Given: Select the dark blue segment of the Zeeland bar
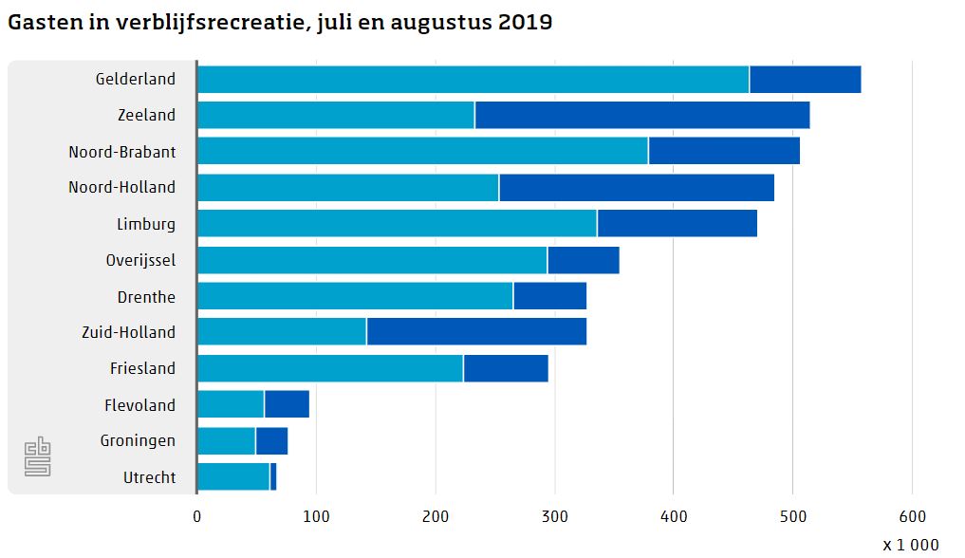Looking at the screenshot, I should pyautogui.click(x=641, y=115).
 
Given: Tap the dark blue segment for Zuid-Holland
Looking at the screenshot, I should pyautogui.click(x=476, y=332).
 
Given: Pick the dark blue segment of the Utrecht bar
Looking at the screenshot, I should pyautogui.click(x=273, y=476).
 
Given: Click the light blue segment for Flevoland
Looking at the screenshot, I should pyautogui.click(x=231, y=404).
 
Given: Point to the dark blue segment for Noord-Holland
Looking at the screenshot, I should pyautogui.click(x=636, y=188).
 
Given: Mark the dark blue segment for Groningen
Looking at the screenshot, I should pyautogui.click(x=271, y=441).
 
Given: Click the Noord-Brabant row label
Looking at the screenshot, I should pyautogui.click(x=121, y=152).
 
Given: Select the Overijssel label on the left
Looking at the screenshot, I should pyautogui.click(x=140, y=260).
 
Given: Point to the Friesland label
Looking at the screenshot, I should pyautogui.click(x=142, y=368).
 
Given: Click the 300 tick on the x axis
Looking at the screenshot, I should pyautogui.click(x=554, y=516).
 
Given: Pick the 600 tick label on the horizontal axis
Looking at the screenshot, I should pyautogui.click(x=912, y=516).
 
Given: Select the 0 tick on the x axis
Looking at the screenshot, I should pyautogui.click(x=197, y=516).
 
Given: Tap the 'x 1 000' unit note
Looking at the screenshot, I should pyautogui.click(x=910, y=545).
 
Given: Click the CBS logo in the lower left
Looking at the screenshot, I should pyautogui.click(x=37, y=456).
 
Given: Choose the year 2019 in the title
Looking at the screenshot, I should pyautogui.click(x=525, y=23).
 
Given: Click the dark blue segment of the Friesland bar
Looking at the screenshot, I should pyautogui.click(x=506, y=368).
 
